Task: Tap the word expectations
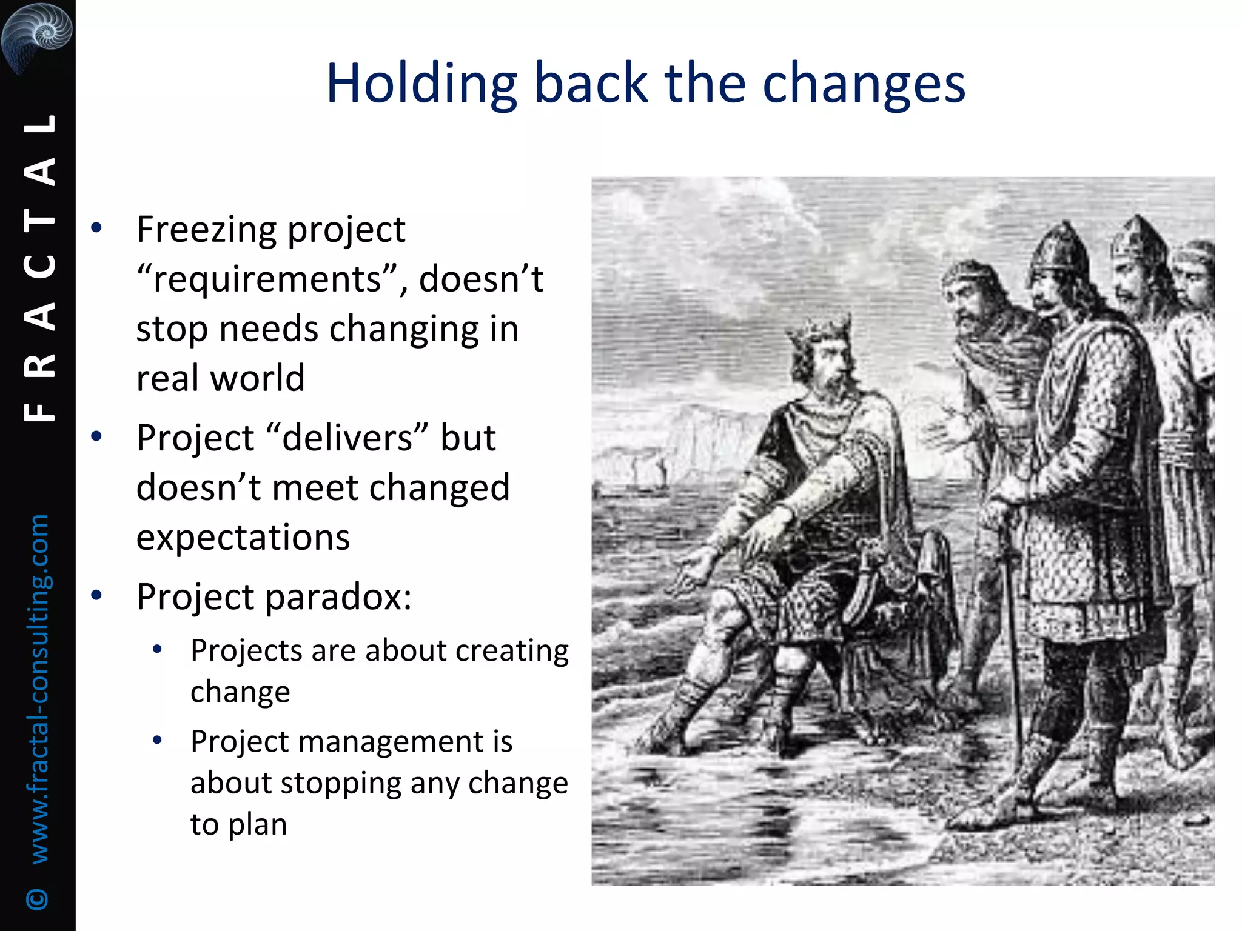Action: point(243,538)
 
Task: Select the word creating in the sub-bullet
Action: point(512,651)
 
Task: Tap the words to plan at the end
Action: point(238,824)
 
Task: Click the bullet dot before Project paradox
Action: point(96,595)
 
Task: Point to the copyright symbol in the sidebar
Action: point(38,899)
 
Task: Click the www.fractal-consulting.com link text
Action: point(39,688)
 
